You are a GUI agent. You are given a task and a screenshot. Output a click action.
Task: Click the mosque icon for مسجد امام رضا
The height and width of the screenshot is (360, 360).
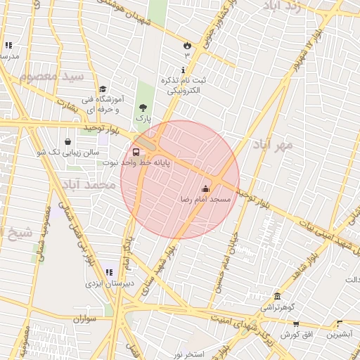pyautogui.click(x=206, y=188)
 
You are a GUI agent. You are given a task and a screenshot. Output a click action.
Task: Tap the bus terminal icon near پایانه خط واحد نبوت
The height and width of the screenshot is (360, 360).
pyautogui.click(x=136, y=151)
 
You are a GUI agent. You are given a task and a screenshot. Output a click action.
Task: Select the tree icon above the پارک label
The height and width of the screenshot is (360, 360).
pyautogui.click(x=143, y=108)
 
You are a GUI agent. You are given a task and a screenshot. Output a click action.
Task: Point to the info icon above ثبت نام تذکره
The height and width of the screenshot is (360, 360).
pyautogui.click(x=184, y=70)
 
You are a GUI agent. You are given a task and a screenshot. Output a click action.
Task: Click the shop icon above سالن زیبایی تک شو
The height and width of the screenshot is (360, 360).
pyautogui.click(x=67, y=141)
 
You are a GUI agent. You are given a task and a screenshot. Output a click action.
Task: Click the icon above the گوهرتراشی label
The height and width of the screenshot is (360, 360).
pyautogui.click(x=278, y=296)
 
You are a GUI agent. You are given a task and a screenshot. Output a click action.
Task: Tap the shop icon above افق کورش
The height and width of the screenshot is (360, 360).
pyautogui.click(x=296, y=323)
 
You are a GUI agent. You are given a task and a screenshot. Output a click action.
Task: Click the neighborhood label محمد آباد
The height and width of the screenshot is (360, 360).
pyautogui.click(x=88, y=184)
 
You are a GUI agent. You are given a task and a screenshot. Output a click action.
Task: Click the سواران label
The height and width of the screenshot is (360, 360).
pyautogui.click(x=82, y=319)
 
